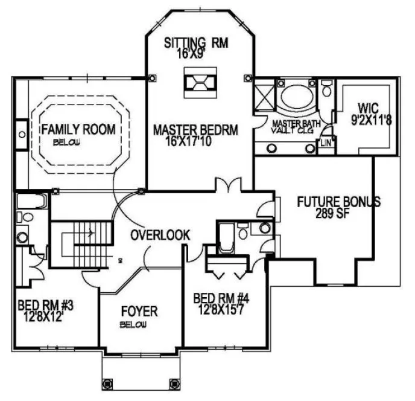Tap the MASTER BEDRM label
pyautogui.click(x=195, y=129)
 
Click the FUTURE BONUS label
pyautogui.click(x=338, y=202)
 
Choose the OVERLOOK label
pyautogui.click(x=161, y=234)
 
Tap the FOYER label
pyautogui.click(x=139, y=312)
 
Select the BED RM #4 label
pyautogui.click(x=221, y=298)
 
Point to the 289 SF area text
pyautogui.click(x=334, y=213)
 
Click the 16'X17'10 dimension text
pyautogui.click(x=194, y=141)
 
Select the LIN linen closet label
pyautogui.click(x=325, y=143)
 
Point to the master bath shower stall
pyautogui.click(x=264, y=95)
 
